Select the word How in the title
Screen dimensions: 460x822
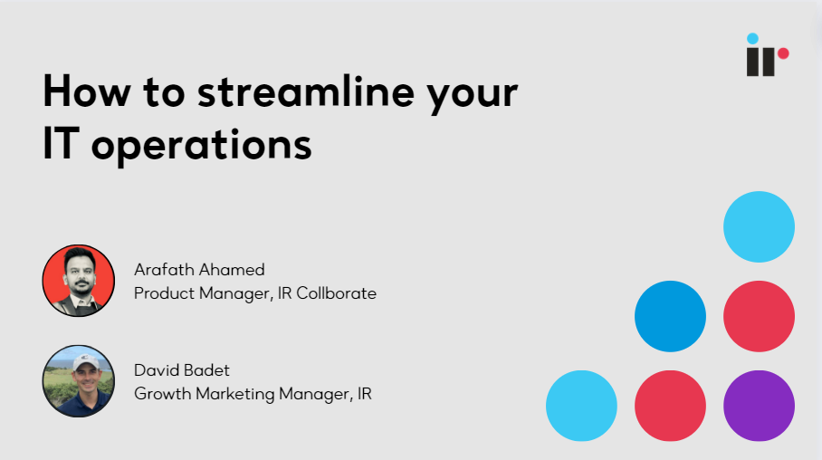pyautogui.click(x=85, y=94)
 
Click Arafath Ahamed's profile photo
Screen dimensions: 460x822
pyautogui.click(x=79, y=281)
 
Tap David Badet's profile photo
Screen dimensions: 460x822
pyautogui.click(x=79, y=380)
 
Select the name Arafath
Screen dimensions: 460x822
pyautogui.click(x=162, y=270)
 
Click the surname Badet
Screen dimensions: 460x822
pyautogui.click(x=208, y=369)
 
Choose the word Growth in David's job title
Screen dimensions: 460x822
pyautogui.click(x=160, y=394)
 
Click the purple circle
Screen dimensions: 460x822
pyautogui.click(x=759, y=406)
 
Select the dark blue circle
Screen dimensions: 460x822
pyautogui.click(x=670, y=317)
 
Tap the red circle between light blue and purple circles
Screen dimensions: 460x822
pyautogui.click(x=670, y=406)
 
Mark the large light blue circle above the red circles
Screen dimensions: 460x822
pyautogui.click(x=759, y=227)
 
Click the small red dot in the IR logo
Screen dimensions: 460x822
pyautogui.click(x=783, y=53)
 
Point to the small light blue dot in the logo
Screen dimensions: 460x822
pyautogui.click(x=752, y=39)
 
